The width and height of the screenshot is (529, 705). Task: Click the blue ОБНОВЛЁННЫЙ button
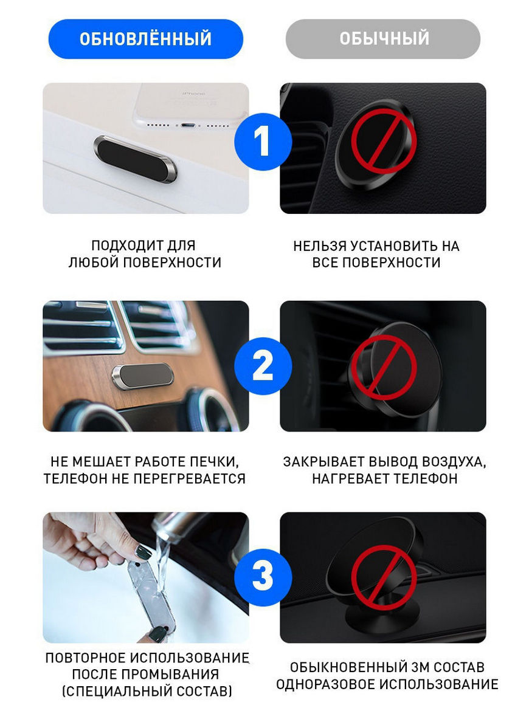[146, 39]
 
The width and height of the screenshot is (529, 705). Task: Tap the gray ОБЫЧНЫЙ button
[383, 39]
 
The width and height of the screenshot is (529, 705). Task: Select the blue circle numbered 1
[263, 141]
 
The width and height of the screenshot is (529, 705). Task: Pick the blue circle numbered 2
[263, 366]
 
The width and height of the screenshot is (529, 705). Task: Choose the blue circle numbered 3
[263, 577]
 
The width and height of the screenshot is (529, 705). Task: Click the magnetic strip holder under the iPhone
[136, 159]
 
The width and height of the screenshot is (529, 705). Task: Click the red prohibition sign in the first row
[384, 141]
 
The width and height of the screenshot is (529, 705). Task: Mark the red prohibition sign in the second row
[384, 367]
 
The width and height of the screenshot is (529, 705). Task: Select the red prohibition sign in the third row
[384, 578]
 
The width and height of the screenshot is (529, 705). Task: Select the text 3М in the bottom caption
[421, 667]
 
